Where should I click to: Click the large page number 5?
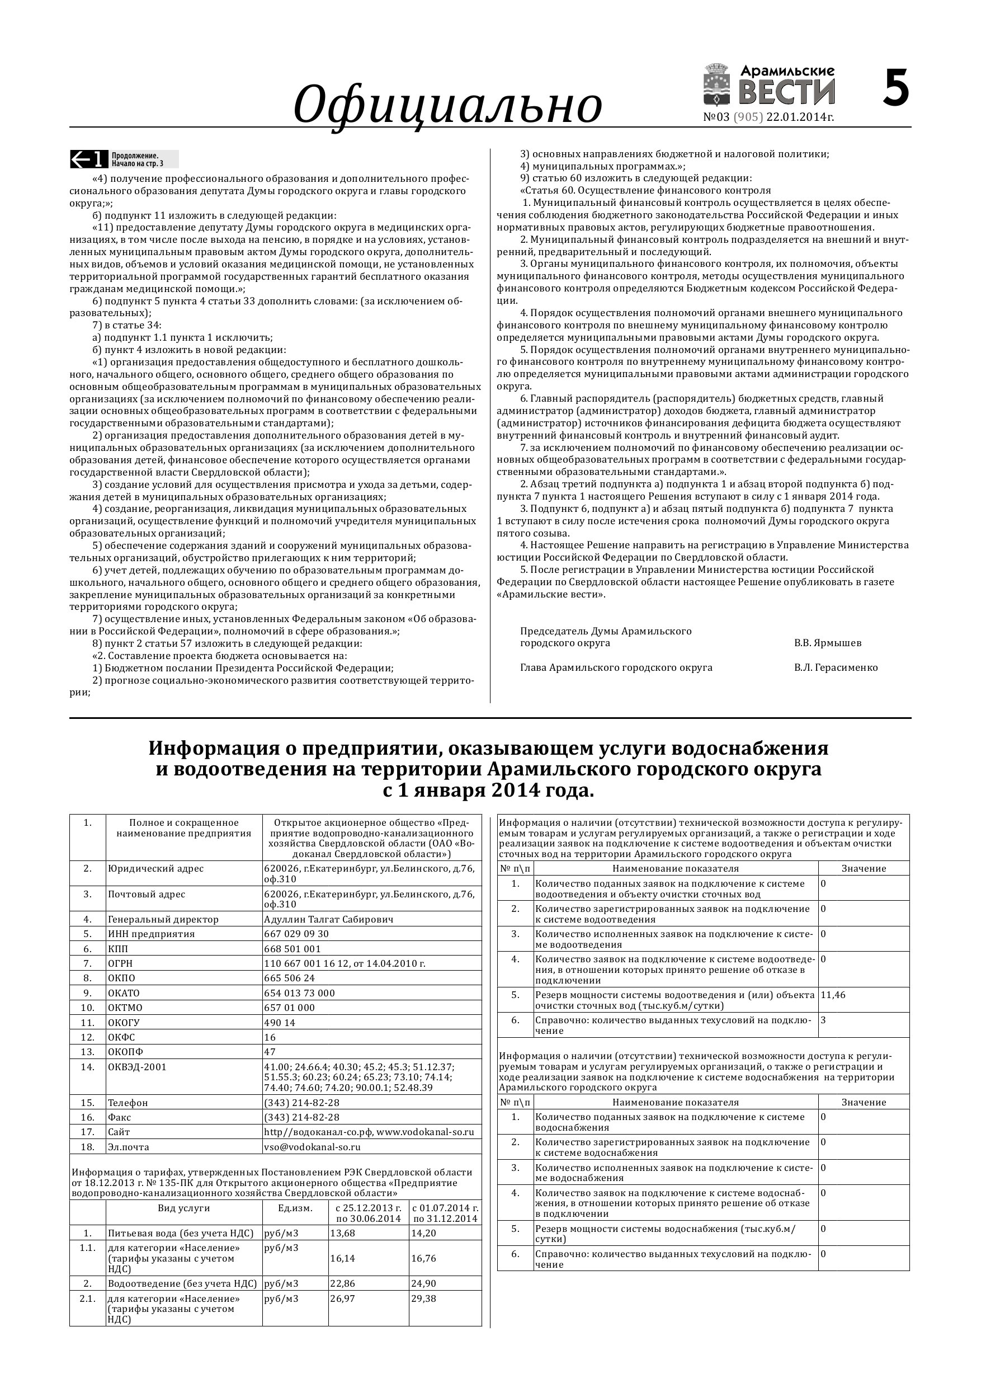896,88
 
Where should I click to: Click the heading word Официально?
447,105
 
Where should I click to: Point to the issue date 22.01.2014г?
800,117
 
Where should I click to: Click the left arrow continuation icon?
89,159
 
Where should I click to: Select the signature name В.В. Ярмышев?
827,643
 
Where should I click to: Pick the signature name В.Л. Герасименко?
836,668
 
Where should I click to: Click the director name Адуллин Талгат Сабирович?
329,920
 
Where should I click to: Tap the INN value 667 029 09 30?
296,934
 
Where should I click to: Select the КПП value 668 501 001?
293,949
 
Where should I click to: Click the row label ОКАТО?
124,993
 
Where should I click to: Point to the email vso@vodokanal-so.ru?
313,1147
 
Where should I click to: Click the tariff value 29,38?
424,1298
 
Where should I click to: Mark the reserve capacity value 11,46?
833,995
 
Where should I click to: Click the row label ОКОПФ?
126,1052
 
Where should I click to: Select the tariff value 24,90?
424,1283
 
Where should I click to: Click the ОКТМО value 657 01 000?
290,1008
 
